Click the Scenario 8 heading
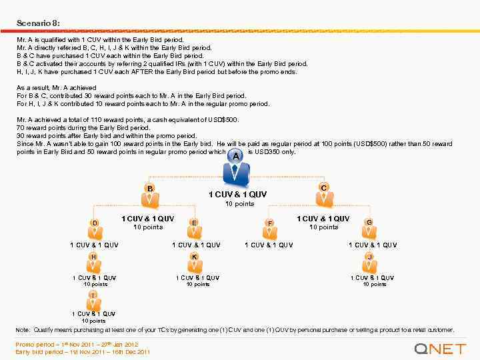click(39, 23)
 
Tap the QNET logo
click(439, 349)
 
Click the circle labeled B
click(151, 189)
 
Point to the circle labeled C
click(323, 188)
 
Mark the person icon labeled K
click(194, 263)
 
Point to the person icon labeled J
click(369, 263)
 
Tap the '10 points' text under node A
click(239, 203)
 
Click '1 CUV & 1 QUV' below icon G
click(373, 245)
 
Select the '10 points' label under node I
click(94, 321)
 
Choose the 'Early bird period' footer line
click(83, 351)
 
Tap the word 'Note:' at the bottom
click(23, 330)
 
